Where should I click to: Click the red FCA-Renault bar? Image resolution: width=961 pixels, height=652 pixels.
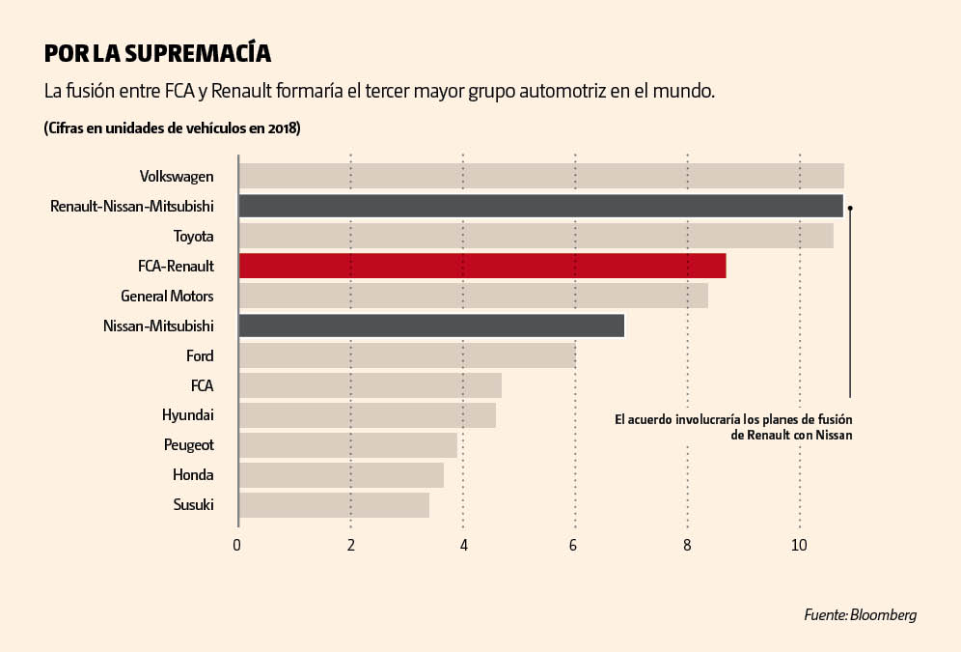[x=481, y=266]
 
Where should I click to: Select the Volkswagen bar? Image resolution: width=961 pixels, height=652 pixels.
[x=540, y=176]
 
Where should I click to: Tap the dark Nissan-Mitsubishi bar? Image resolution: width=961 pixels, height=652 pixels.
[x=431, y=326]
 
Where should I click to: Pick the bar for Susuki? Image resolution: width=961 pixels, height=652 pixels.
[x=333, y=505]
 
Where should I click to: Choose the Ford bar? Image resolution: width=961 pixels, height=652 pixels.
[x=406, y=355]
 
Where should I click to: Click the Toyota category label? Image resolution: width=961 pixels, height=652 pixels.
[x=193, y=236]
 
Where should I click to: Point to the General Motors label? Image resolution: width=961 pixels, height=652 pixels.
[x=167, y=296]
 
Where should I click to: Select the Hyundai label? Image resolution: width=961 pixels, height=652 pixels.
[x=187, y=415]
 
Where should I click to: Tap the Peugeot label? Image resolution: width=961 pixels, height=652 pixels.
[x=188, y=445]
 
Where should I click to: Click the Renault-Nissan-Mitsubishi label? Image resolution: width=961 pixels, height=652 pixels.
[x=131, y=206]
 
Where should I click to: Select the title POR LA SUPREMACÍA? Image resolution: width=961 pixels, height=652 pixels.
[x=157, y=52]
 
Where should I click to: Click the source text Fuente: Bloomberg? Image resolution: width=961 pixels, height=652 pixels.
[x=860, y=614]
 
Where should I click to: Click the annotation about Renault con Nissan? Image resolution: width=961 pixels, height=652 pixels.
[x=733, y=428]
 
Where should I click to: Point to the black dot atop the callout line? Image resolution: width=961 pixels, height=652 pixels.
[x=850, y=207]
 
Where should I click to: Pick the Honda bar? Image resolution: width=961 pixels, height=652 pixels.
[x=341, y=475]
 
